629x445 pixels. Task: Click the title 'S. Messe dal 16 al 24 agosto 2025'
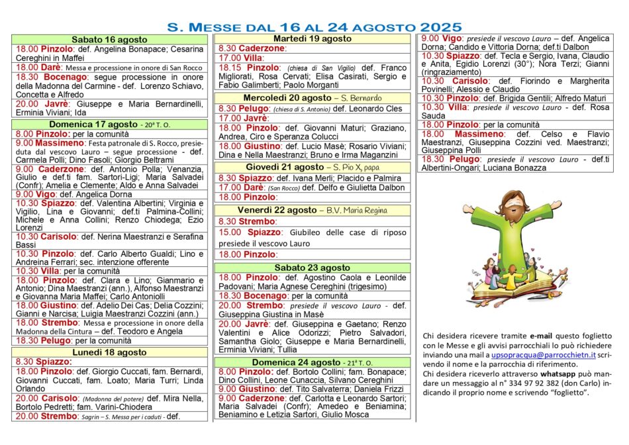pyautogui.click(x=314, y=27)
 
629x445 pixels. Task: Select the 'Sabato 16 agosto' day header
pyautogui.click(x=110, y=40)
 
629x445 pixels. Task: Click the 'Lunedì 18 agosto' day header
pyautogui.click(x=110, y=352)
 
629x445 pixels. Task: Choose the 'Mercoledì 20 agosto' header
pyautogui.click(x=287, y=98)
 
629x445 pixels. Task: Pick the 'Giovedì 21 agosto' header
pyautogui.click(x=285, y=167)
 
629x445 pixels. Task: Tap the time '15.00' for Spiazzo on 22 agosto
pyautogui.click(x=230, y=232)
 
